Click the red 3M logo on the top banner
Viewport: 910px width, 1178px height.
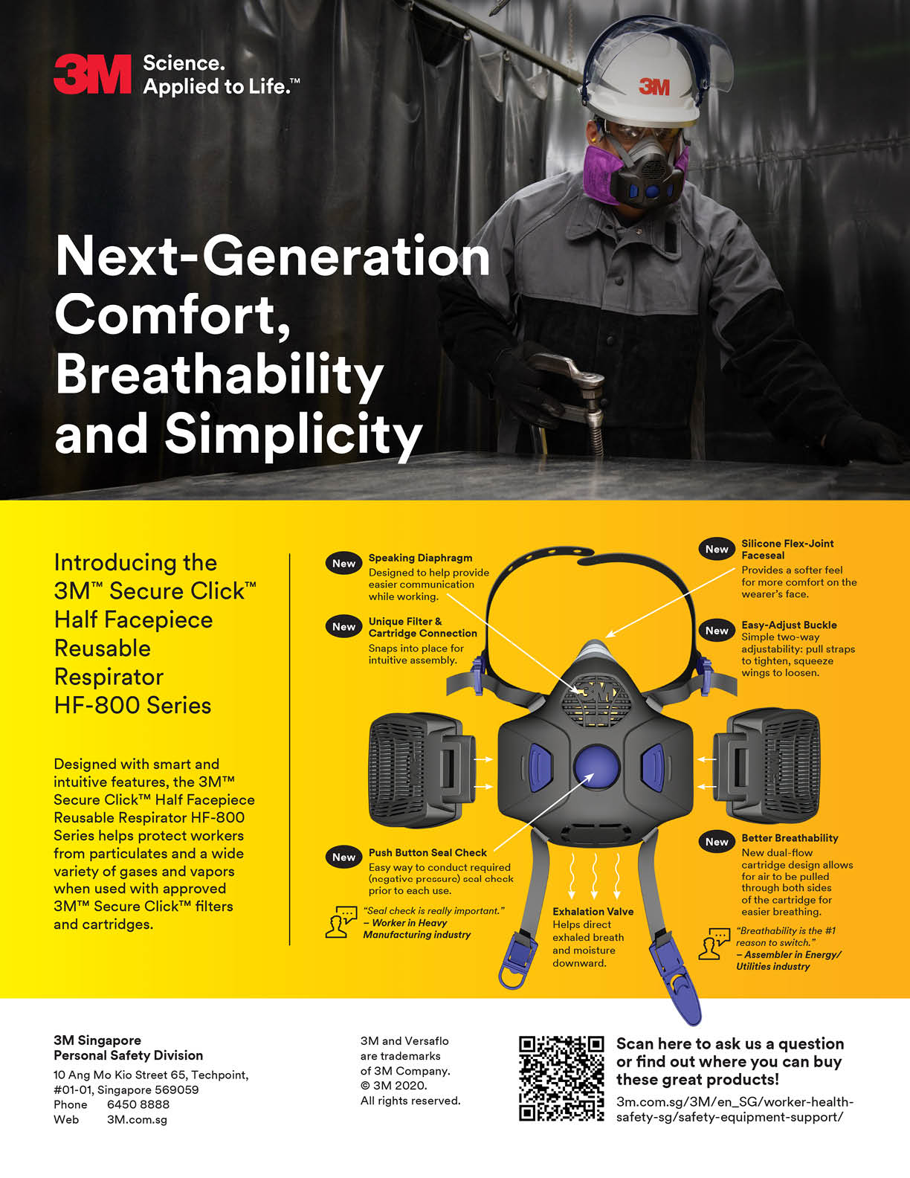pos(93,74)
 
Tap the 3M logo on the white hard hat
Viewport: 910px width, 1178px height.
pos(654,86)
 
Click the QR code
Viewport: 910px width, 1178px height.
pos(561,1079)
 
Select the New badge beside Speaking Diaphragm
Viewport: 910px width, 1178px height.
pos(343,563)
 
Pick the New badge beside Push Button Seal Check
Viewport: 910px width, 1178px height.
pos(343,857)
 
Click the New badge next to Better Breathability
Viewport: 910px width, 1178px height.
pos(717,842)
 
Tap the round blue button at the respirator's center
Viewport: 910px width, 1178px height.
pos(597,767)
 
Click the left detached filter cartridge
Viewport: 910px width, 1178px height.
pos(422,770)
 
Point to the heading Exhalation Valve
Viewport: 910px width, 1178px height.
pos(593,912)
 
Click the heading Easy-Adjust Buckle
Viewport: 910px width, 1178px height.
pos(789,625)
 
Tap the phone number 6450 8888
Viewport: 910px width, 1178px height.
pos(138,1104)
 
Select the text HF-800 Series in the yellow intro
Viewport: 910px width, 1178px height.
pos(133,705)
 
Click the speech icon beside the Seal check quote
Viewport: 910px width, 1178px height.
pos(341,922)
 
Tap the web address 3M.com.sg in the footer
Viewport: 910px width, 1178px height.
pos(137,1119)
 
